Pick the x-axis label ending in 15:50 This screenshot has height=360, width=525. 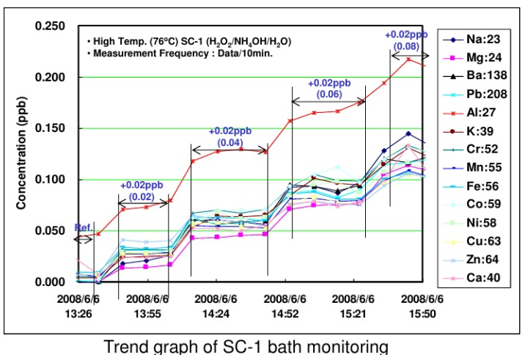422,306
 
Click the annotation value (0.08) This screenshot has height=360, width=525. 406,47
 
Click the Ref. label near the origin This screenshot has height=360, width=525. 83,229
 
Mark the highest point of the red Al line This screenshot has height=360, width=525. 408,59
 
